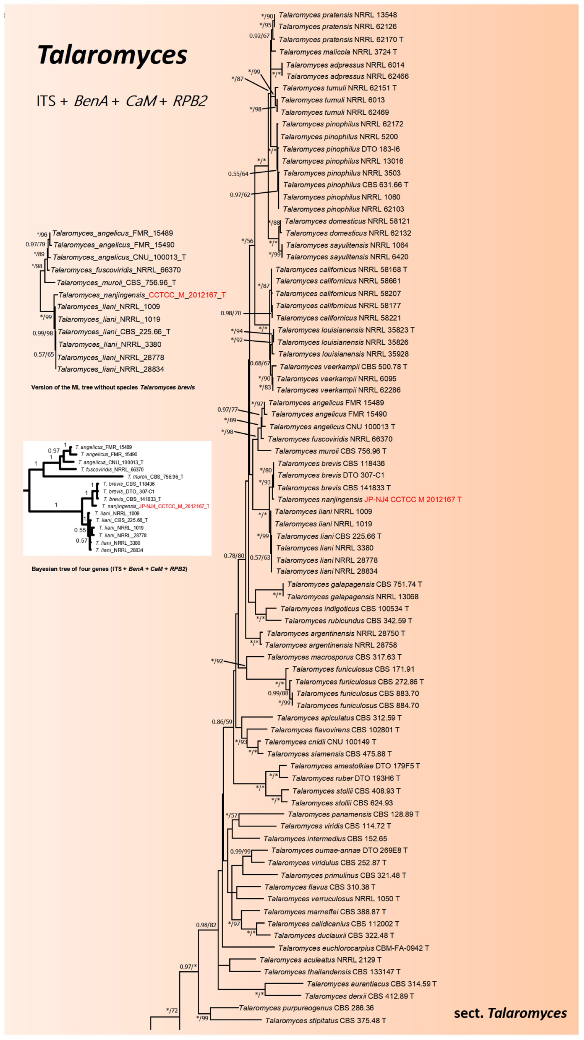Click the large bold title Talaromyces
click(x=112, y=55)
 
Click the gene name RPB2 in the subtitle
click(x=190, y=101)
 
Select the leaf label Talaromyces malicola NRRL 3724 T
click(x=338, y=52)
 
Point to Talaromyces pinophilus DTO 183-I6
click(x=341, y=149)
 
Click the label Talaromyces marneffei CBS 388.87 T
click(x=325, y=912)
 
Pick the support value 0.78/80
click(x=234, y=556)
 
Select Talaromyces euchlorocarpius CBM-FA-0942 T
click(x=353, y=948)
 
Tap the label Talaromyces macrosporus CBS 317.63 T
click(x=334, y=657)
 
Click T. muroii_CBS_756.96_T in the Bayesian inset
click(x=155, y=477)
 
